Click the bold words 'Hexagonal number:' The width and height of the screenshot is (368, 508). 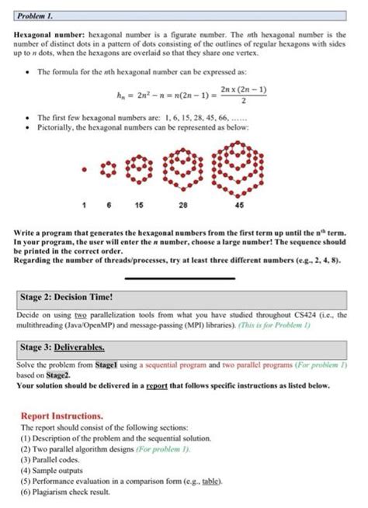pyautogui.click(x=46, y=36)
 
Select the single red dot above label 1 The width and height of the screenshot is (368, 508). pyautogui.click(x=83, y=166)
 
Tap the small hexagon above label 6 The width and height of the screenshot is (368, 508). pyautogui.click(x=109, y=165)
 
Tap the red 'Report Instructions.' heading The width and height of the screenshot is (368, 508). pyautogui.click(x=62, y=415)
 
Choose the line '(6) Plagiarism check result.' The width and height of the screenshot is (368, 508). pyautogui.click(x=66, y=491)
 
